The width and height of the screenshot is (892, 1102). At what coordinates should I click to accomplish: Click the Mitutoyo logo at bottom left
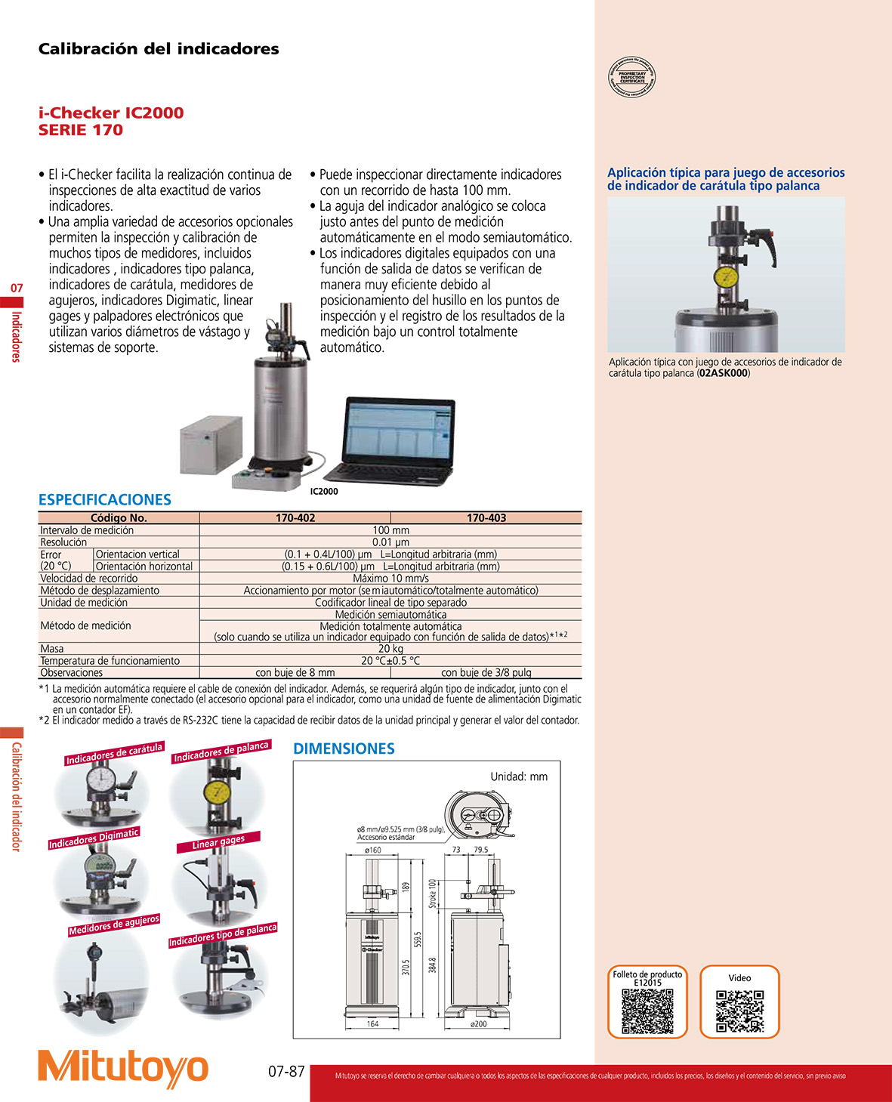123,1067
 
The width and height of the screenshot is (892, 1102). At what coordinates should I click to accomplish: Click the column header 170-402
295,518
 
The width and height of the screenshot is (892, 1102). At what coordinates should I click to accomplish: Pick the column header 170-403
486,518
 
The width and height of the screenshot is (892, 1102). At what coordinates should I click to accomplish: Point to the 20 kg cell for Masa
390,649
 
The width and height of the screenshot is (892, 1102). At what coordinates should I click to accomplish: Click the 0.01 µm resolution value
390,542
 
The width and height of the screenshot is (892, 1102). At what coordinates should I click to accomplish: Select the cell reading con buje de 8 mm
295,673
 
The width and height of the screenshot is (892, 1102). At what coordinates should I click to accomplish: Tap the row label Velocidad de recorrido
89,579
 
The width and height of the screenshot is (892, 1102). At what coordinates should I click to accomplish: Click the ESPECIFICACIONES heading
105,500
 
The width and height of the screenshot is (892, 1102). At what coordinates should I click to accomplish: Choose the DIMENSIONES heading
344,749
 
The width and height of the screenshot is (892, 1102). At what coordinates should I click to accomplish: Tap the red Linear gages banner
218,842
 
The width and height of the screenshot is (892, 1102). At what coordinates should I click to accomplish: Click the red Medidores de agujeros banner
114,925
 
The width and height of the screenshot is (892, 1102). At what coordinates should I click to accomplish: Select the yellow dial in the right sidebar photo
726,276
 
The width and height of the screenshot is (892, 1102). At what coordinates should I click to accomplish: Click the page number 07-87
286,1072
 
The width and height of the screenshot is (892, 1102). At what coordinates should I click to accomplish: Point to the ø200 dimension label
479,1024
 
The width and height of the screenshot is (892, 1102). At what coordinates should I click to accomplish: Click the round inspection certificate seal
632,78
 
